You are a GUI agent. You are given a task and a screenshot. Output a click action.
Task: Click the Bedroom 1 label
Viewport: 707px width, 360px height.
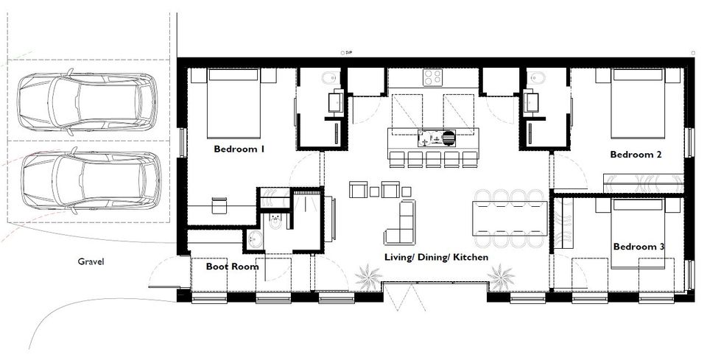click(239, 149)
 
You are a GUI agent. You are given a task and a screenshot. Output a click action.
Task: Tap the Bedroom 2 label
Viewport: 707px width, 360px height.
click(636, 155)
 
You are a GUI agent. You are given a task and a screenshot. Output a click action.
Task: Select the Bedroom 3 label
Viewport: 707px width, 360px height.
click(639, 247)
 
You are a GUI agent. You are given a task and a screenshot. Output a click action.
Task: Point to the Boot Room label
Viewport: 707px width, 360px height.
click(232, 267)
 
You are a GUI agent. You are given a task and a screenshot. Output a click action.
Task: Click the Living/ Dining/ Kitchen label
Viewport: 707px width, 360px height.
click(436, 257)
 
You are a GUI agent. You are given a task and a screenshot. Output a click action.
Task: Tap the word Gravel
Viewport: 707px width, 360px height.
click(91, 261)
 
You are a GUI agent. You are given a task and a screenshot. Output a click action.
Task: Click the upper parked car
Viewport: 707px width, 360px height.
click(88, 102)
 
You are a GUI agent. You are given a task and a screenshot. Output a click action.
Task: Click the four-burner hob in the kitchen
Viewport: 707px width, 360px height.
click(433, 77)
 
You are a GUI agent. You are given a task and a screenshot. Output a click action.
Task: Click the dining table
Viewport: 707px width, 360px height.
click(510, 218)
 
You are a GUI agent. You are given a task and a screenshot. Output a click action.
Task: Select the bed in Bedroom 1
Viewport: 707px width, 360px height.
click(233, 103)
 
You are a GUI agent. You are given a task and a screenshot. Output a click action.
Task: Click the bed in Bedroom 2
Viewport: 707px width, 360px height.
click(638, 103)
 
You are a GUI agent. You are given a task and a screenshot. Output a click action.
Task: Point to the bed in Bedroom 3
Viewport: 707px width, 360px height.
click(638, 234)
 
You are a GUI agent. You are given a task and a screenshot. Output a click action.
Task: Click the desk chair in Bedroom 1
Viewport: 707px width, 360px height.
click(219, 205)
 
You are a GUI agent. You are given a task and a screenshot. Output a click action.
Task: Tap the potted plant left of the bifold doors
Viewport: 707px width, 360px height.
click(368, 276)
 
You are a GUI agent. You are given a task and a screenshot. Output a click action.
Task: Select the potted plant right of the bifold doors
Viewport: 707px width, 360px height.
click(502, 276)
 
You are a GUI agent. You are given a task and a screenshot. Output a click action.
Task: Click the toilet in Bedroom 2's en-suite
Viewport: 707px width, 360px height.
click(535, 80)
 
